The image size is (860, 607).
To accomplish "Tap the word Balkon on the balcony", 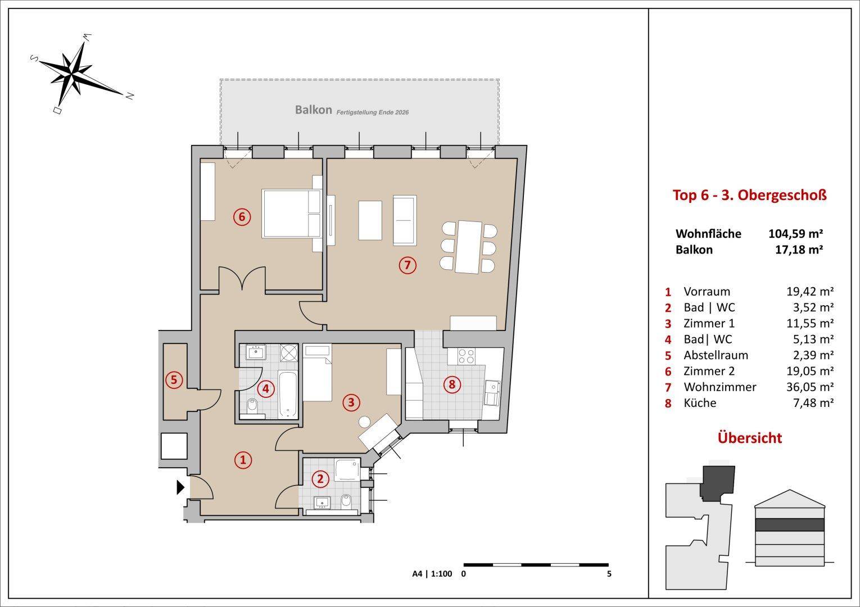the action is [313, 110].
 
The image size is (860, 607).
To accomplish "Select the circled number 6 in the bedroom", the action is [242, 217].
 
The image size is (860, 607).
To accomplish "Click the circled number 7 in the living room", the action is [408, 265].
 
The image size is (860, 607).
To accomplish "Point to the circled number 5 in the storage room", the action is [174, 380].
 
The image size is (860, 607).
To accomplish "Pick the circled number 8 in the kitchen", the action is [452, 384].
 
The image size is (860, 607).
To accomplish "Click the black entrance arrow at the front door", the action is [180, 487].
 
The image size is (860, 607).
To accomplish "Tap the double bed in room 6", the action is [291, 214].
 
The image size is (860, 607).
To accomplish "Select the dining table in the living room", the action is [468, 247].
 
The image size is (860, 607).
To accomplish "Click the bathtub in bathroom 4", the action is [288, 395].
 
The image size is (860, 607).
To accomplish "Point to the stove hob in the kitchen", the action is [466, 356].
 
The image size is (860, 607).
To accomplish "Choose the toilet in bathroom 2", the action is [346, 501].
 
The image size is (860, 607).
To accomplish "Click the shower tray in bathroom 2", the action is [347, 469].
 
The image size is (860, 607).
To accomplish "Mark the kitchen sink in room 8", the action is [492, 393].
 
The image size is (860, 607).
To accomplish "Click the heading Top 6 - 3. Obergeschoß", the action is [749, 196].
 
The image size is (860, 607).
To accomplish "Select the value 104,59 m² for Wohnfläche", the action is [795, 233].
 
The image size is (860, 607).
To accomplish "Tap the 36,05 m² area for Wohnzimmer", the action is [810, 387].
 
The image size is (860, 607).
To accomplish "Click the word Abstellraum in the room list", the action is [716, 355].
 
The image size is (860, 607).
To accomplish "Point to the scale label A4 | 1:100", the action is [432, 574].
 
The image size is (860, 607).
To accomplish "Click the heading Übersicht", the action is [749, 438].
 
